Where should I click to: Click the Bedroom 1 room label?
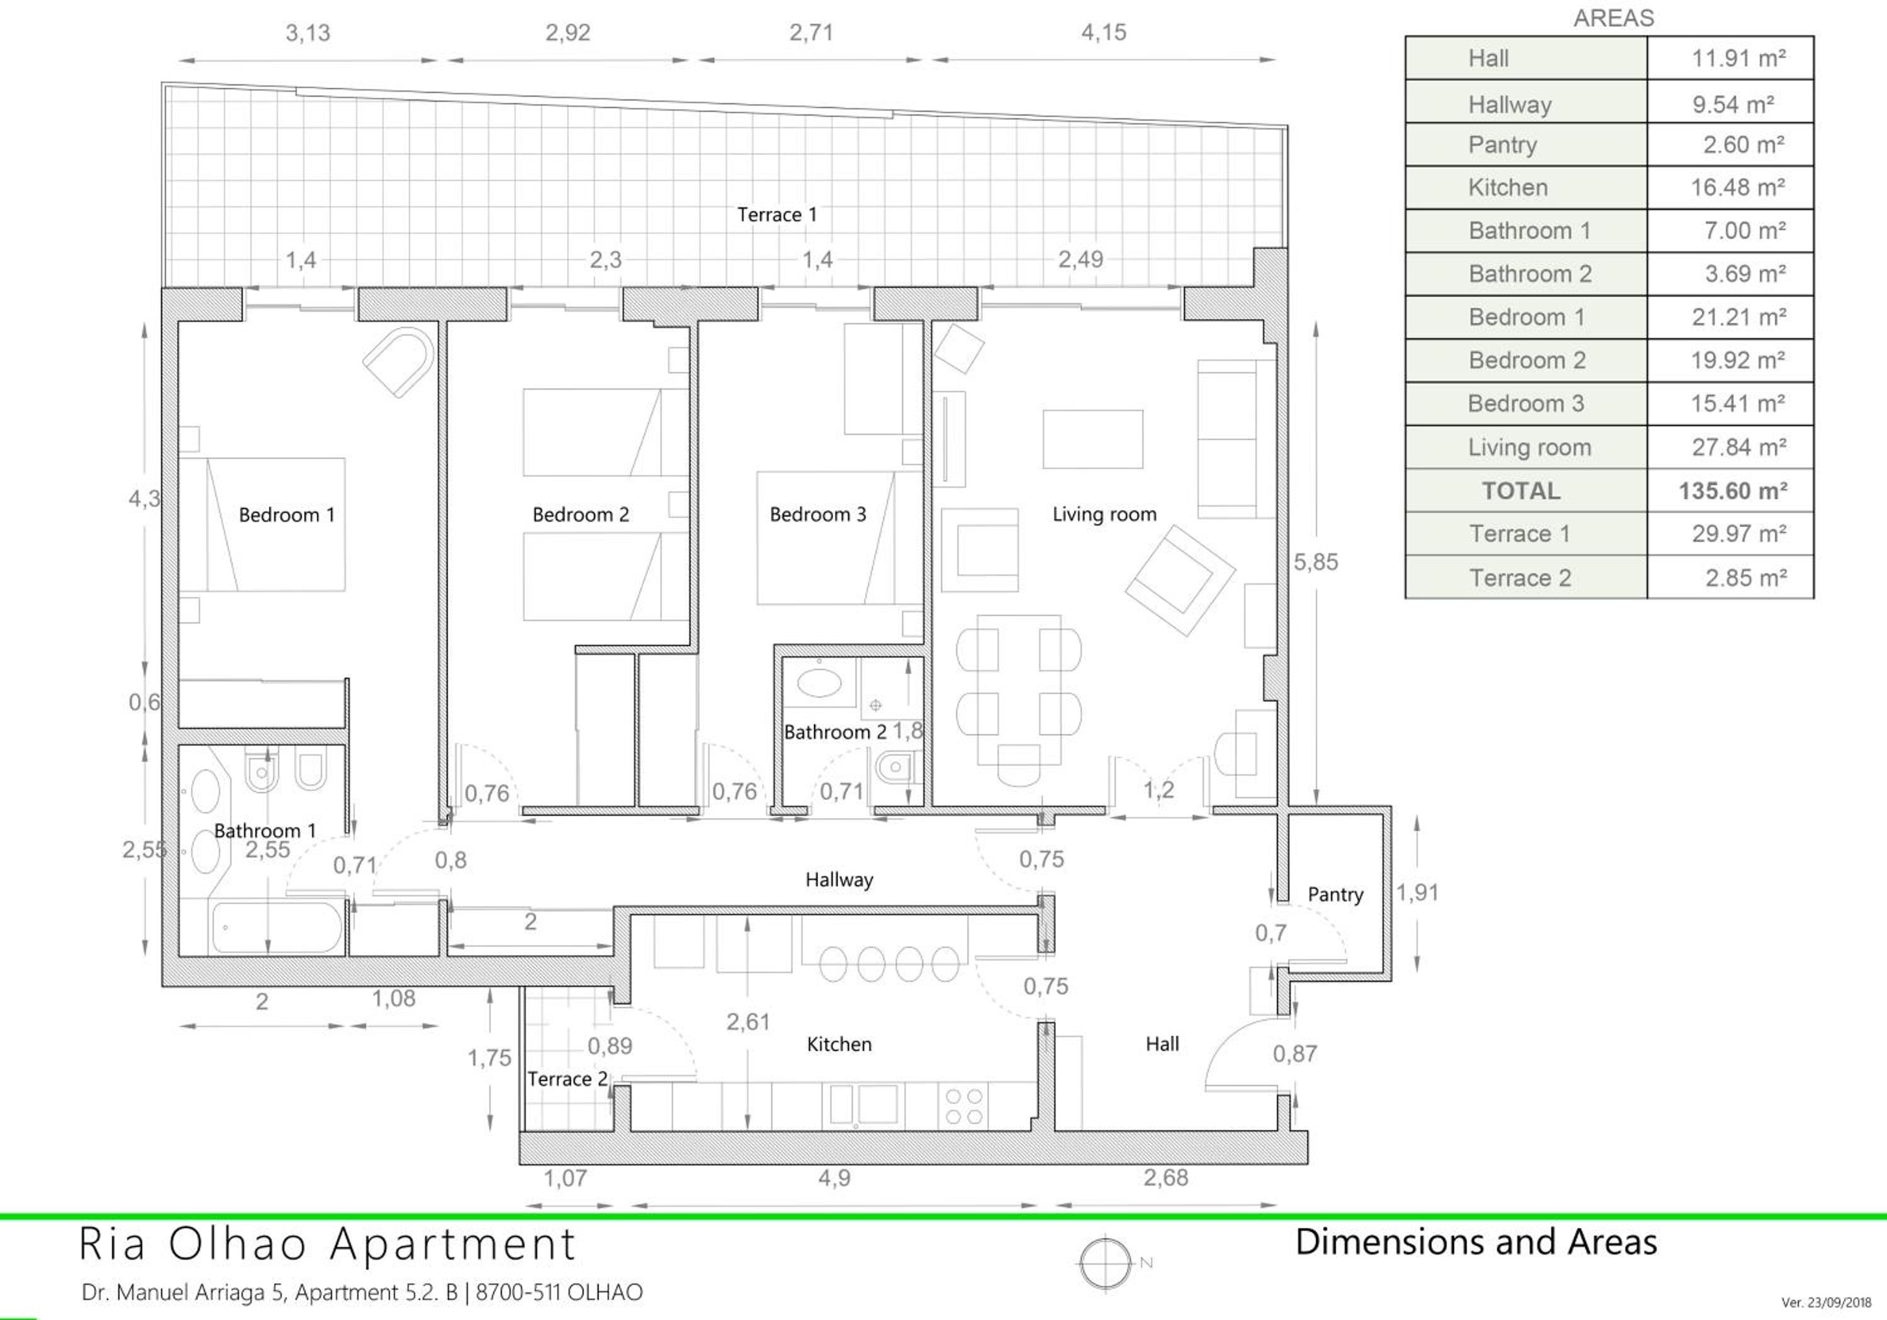(287, 515)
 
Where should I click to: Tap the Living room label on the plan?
(1105, 514)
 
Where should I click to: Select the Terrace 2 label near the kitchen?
(567, 1079)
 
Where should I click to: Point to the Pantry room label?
(1335, 894)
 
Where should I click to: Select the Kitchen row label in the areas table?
(1508, 187)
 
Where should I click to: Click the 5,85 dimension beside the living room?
(1316, 562)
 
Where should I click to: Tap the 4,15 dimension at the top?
(1104, 33)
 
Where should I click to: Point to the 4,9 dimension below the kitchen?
(834, 1178)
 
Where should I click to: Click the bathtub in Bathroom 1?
(276, 928)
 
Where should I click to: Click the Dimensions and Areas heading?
(1476, 1242)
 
